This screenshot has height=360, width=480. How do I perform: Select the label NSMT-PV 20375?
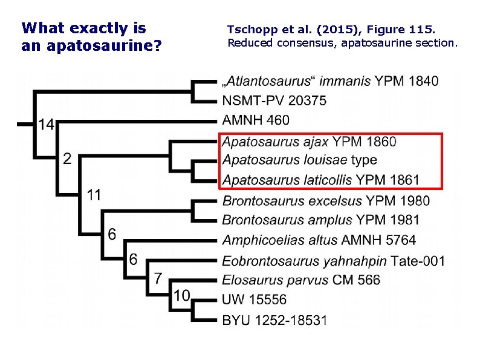[274, 101]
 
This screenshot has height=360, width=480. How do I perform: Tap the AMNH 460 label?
[256, 120]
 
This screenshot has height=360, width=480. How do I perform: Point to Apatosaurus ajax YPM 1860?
[309, 142]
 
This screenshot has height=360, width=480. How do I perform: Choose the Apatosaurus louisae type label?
[299, 160]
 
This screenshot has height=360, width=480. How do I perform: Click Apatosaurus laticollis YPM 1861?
[320, 180]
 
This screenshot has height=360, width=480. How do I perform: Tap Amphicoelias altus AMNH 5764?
[319, 240]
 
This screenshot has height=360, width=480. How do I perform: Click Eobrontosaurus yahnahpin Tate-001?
[333, 261]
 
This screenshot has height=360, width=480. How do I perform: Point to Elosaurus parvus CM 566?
[301, 280]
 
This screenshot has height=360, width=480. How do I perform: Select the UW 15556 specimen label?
[255, 299]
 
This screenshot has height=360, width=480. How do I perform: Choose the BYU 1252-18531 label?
[274, 319]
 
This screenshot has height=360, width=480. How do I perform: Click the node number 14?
[47, 125]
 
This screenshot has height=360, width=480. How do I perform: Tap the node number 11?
[93, 195]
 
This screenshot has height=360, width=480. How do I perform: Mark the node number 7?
[158, 278]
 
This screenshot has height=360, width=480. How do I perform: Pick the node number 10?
[183, 296]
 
